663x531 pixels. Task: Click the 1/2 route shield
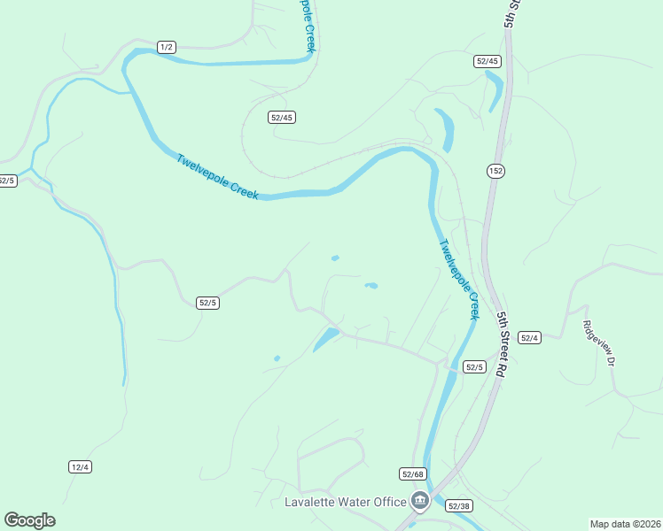(166, 47)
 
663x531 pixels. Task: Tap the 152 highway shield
(495, 170)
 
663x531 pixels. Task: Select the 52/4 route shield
(529, 337)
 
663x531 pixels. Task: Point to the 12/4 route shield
(80, 466)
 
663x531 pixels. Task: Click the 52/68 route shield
(413, 473)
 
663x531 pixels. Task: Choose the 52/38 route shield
(458, 505)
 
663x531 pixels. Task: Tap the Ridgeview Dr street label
(598, 343)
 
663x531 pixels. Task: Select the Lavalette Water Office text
(345, 503)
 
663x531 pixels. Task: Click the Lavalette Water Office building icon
(420, 502)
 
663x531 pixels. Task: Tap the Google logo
(29, 520)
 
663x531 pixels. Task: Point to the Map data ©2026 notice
(625, 524)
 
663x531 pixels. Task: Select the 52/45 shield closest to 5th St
(487, 61)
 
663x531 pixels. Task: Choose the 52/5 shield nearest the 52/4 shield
(475, 366)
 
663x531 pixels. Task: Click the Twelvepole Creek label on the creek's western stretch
(217, 177)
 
